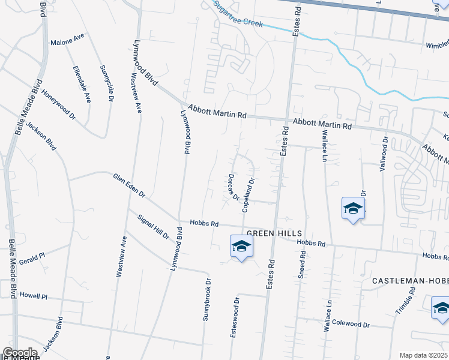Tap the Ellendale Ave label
(80, 84)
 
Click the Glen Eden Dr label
(129, 185)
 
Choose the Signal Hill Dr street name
(152, 226)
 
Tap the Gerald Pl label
(32, 259)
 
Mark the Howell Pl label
(33, 296)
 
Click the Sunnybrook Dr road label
(207, 299)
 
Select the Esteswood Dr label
(235, 317)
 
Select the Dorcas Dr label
(234, 187)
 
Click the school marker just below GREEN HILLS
(241, 247)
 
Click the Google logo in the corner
(20, 353)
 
